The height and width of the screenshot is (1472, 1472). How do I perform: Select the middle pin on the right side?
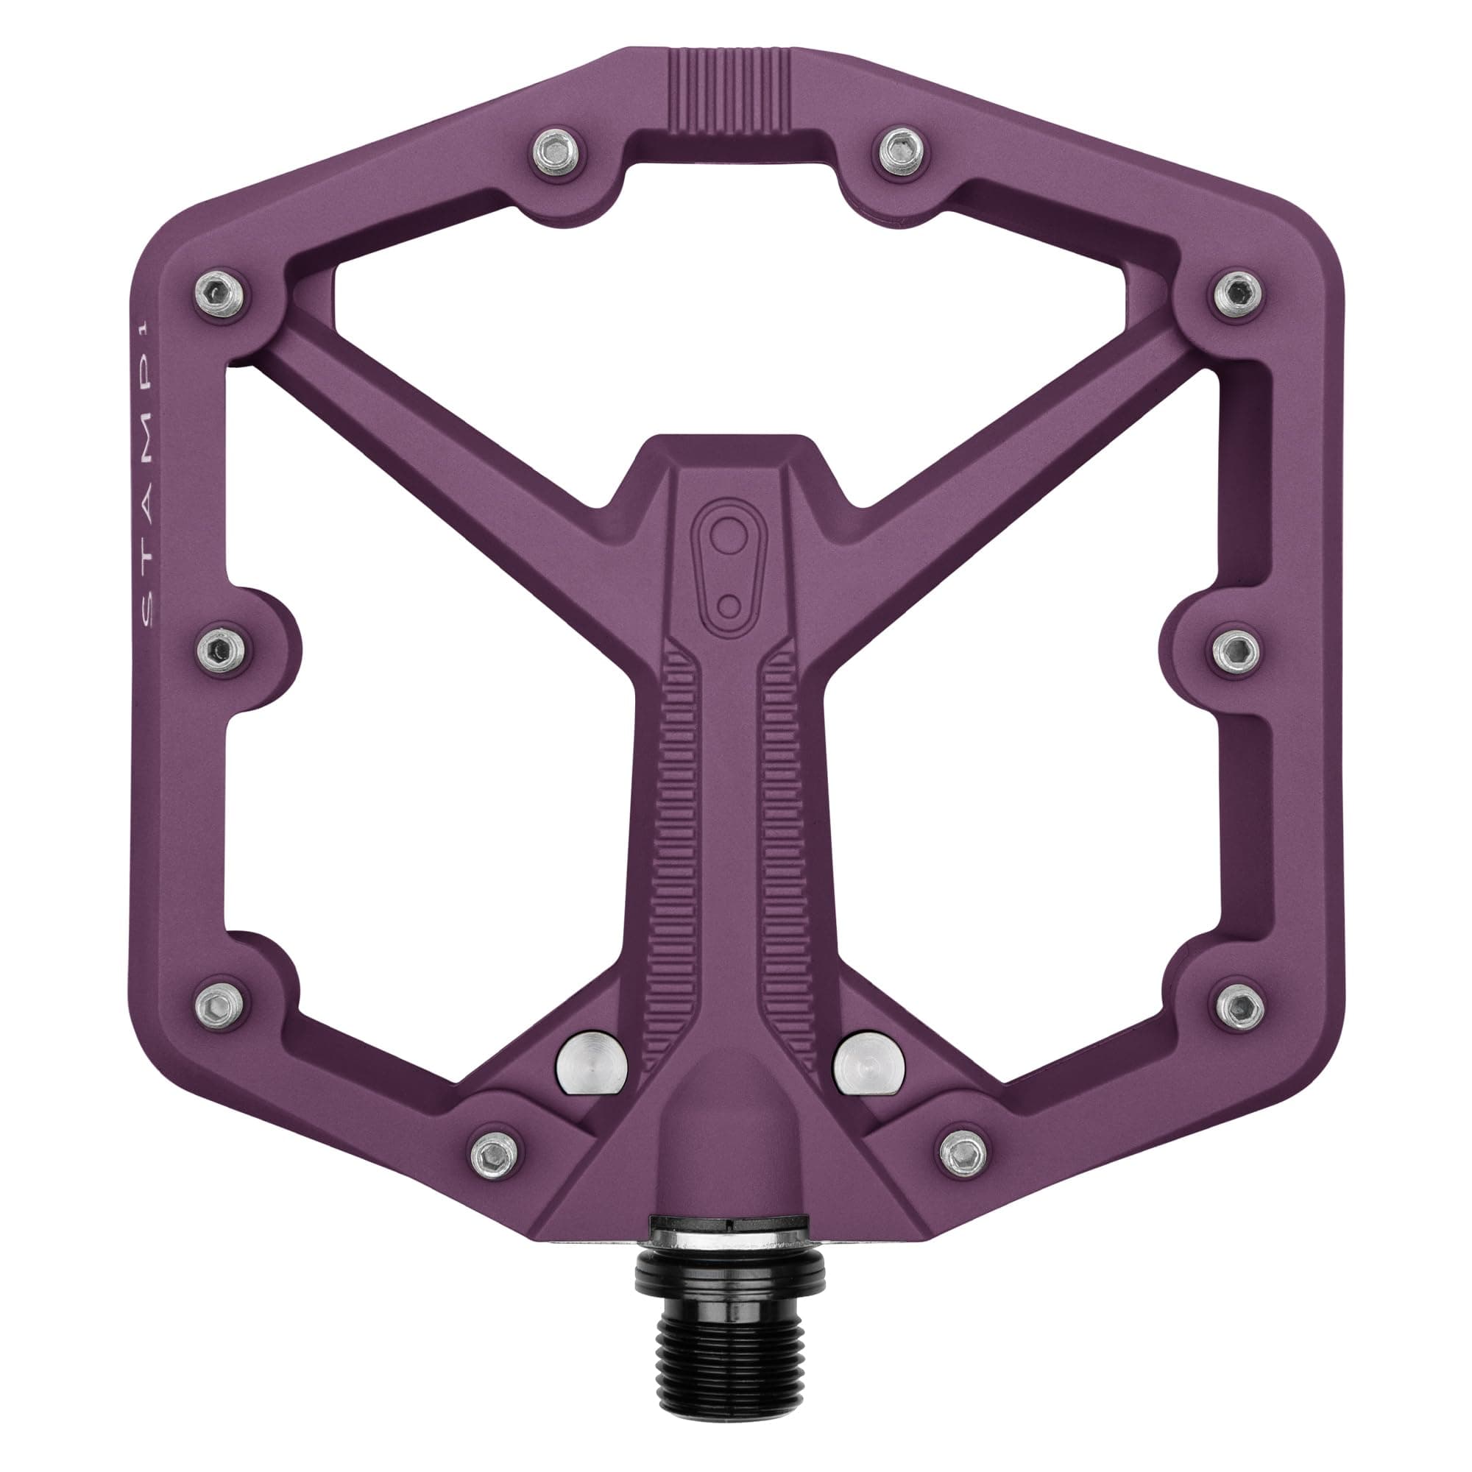(1236, 650)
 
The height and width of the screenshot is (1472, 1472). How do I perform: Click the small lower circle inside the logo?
(729, 605)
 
